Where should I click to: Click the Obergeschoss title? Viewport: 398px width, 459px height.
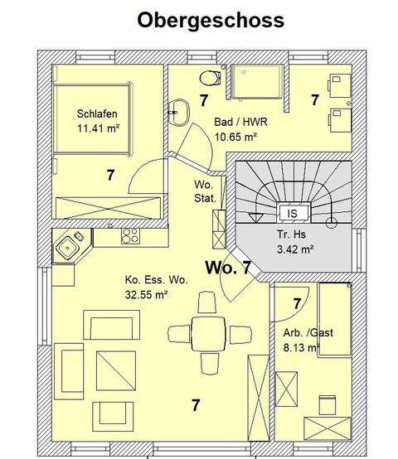(211, 19)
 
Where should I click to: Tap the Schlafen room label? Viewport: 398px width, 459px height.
(97, 114)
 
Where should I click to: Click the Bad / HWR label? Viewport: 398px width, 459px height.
(240, 123)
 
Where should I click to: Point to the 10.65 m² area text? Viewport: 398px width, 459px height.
(239, 138)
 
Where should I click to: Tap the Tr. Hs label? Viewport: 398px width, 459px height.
(293, 234)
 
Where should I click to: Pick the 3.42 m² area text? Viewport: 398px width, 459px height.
(294, 249)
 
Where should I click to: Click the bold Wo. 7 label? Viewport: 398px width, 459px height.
(228, 268)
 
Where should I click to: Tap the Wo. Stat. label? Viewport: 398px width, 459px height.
(205, 192)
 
